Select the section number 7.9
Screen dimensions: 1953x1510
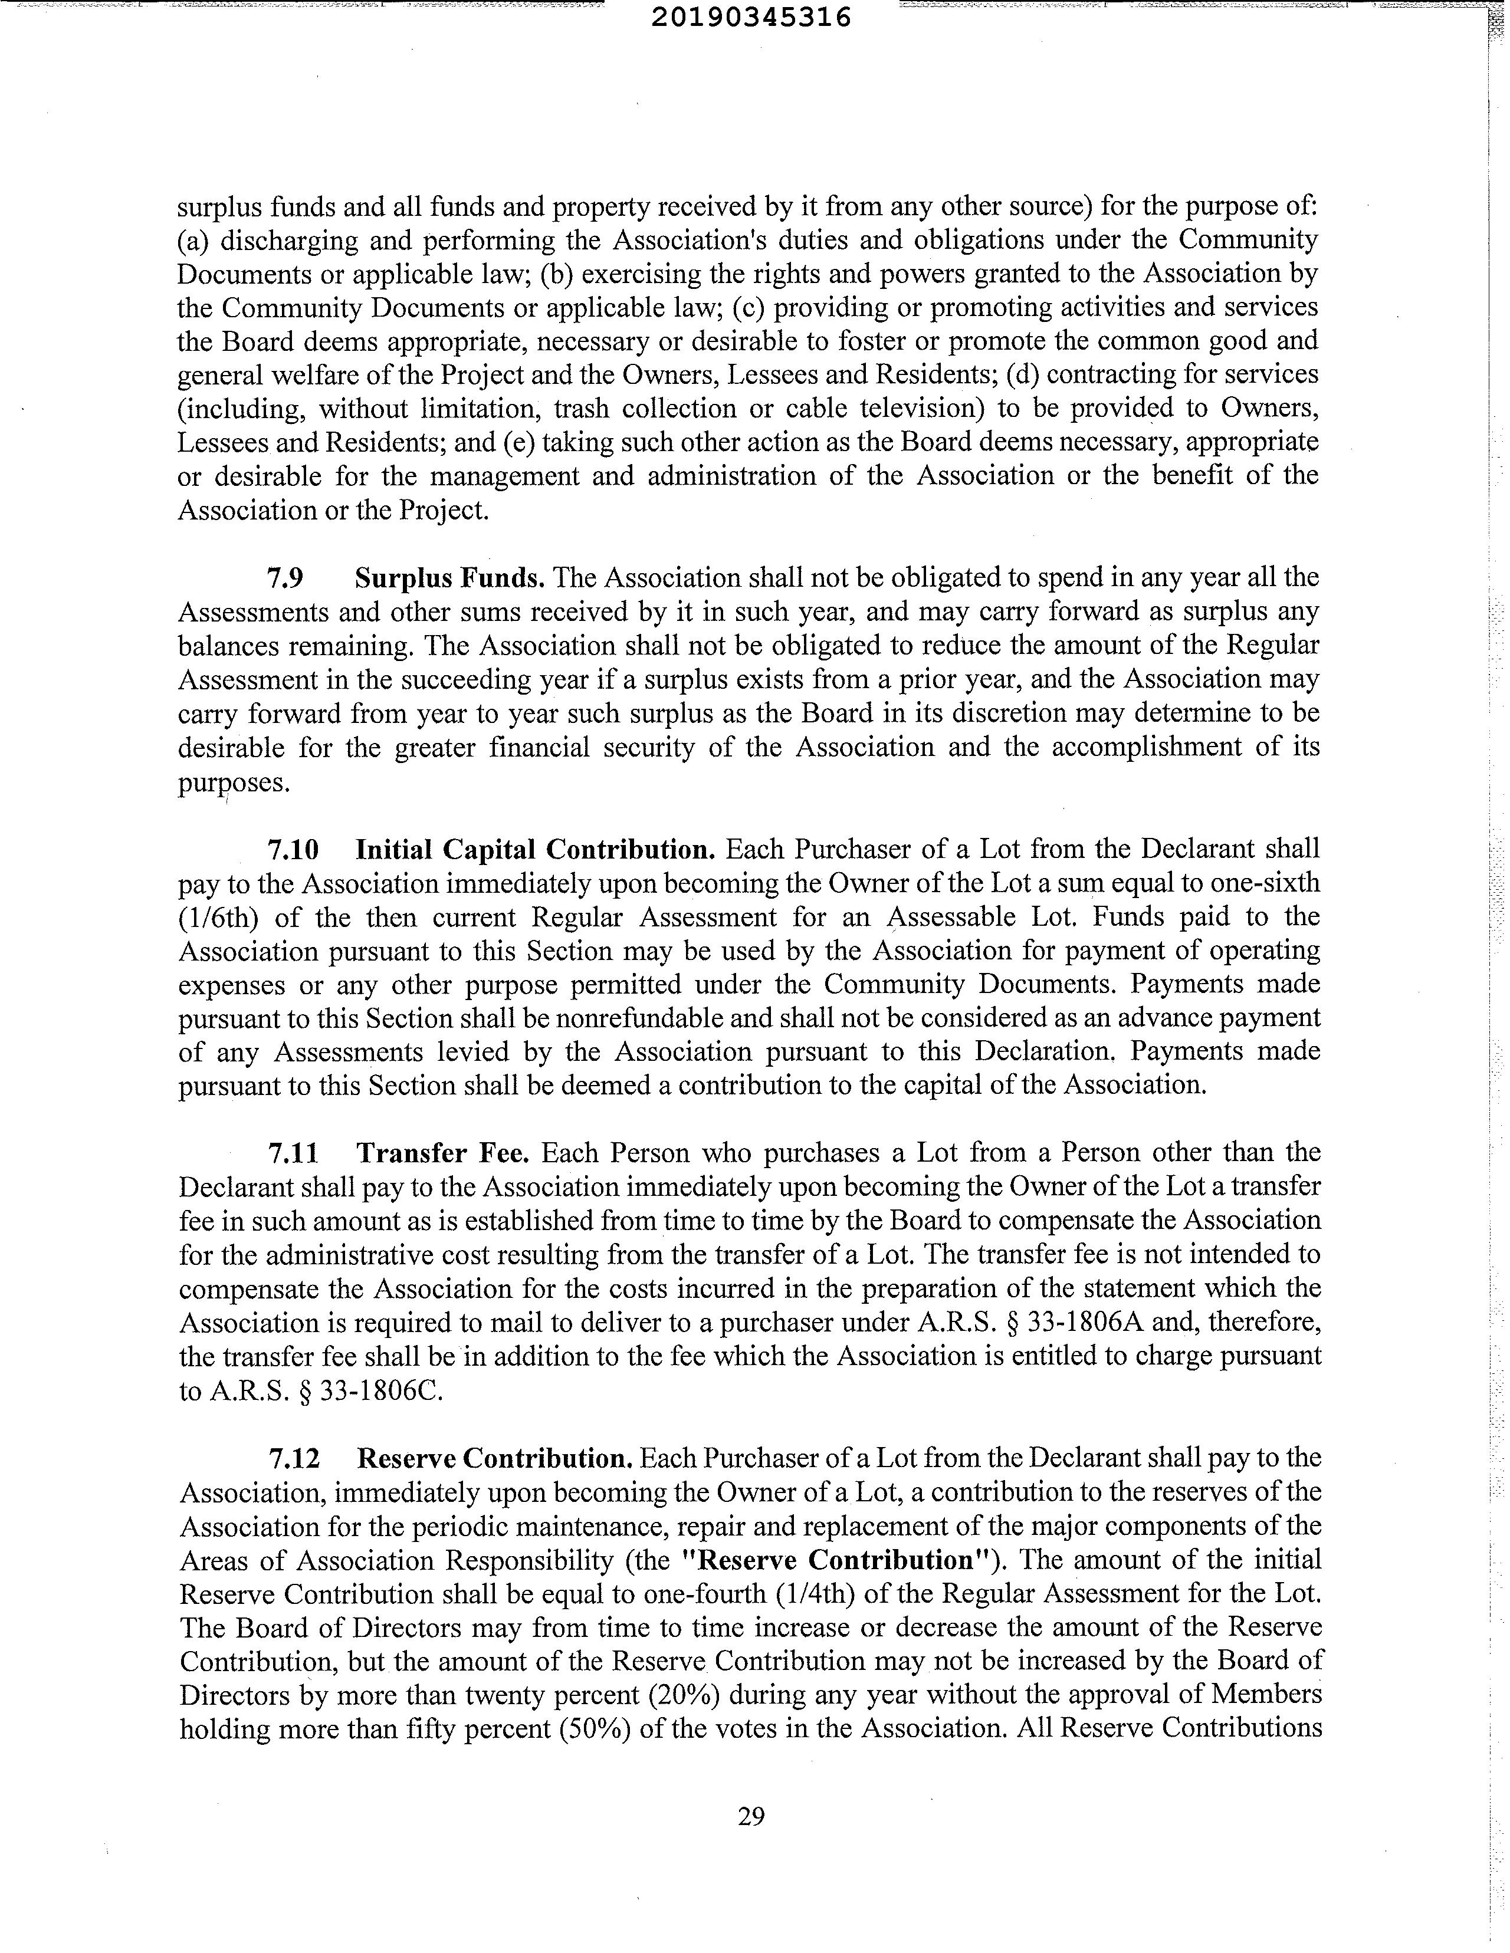pyautogui.click(x=285, y=578)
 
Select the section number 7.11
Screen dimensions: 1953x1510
pyautogui.click(x=293, y=1153)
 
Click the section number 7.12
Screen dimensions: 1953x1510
pyautogui.click(x=293, y=1458)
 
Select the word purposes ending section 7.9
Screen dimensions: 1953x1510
pyautogui.click(x=234, y=782)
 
